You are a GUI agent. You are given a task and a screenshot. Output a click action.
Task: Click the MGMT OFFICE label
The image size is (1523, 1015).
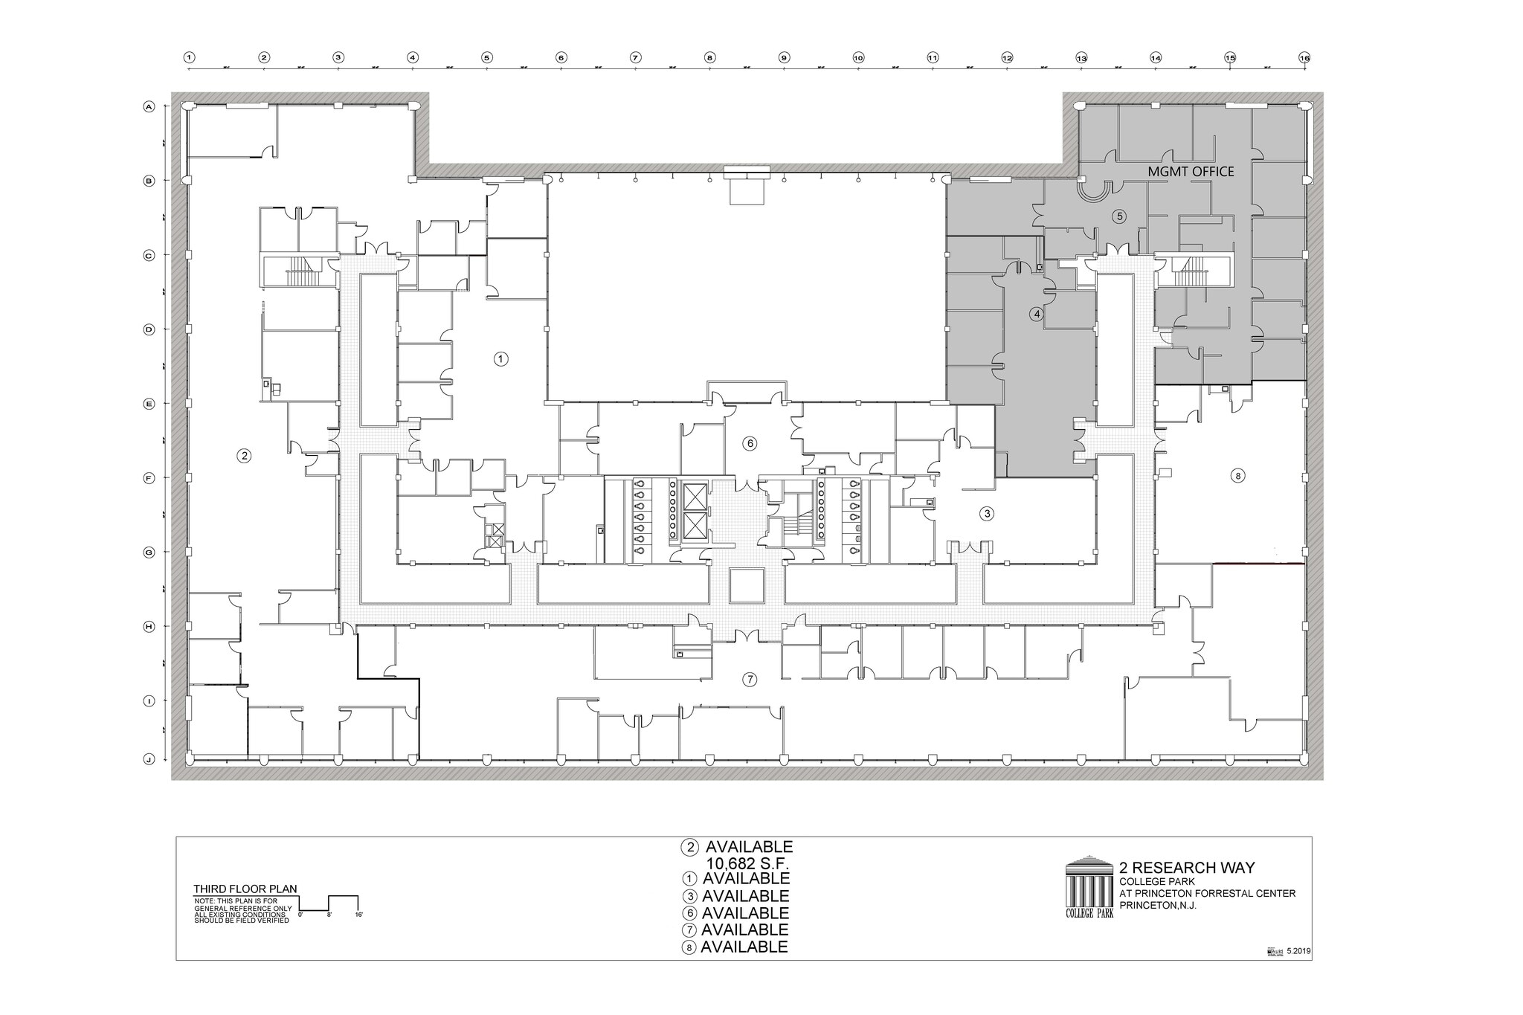point(1191,172)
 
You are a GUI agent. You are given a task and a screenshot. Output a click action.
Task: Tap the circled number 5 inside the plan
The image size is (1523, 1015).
point(1119,216)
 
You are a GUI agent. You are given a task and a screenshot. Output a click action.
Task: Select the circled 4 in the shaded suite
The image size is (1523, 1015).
point(1037,314)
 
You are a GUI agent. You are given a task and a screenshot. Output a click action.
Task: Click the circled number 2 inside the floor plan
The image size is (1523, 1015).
point(244,456)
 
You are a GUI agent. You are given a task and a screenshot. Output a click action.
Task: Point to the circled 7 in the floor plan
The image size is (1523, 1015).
point(750,679)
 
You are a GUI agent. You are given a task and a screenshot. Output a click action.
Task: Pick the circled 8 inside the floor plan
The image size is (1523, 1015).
point(1237,476)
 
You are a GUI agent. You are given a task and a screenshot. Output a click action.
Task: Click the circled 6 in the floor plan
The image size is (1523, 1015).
point(750,443)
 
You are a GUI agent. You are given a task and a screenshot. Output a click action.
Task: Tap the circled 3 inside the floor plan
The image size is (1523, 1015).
point(987,513)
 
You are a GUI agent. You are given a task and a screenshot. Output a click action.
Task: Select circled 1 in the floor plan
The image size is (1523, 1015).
point(501,358)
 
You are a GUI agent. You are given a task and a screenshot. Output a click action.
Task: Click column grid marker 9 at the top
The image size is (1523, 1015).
point(784,57)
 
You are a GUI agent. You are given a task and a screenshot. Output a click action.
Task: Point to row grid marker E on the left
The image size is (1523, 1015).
point(149,404)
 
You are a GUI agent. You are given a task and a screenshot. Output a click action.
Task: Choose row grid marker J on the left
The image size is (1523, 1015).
point(149,759)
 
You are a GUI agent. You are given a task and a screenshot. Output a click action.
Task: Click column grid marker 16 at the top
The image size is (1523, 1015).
point(1304,57)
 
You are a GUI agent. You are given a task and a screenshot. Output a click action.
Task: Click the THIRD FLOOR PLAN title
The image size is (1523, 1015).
point(245,889)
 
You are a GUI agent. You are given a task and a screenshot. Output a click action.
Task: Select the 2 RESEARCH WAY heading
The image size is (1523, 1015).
point(1187,868)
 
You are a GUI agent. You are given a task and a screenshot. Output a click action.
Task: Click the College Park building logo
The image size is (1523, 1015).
point(1089,887)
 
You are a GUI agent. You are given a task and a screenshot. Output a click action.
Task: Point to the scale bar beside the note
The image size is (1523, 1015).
point(328,903)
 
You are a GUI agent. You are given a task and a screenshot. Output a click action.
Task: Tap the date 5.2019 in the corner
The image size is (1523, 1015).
point(1298,951)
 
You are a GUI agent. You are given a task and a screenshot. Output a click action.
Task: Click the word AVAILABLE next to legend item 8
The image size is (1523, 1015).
point(744,947)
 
